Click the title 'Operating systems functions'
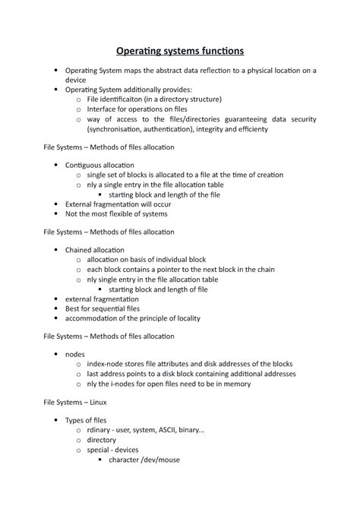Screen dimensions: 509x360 click(180, 52)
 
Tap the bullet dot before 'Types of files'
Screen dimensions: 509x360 click(56, 420)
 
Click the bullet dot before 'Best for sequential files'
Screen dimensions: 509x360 click(56, 308)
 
